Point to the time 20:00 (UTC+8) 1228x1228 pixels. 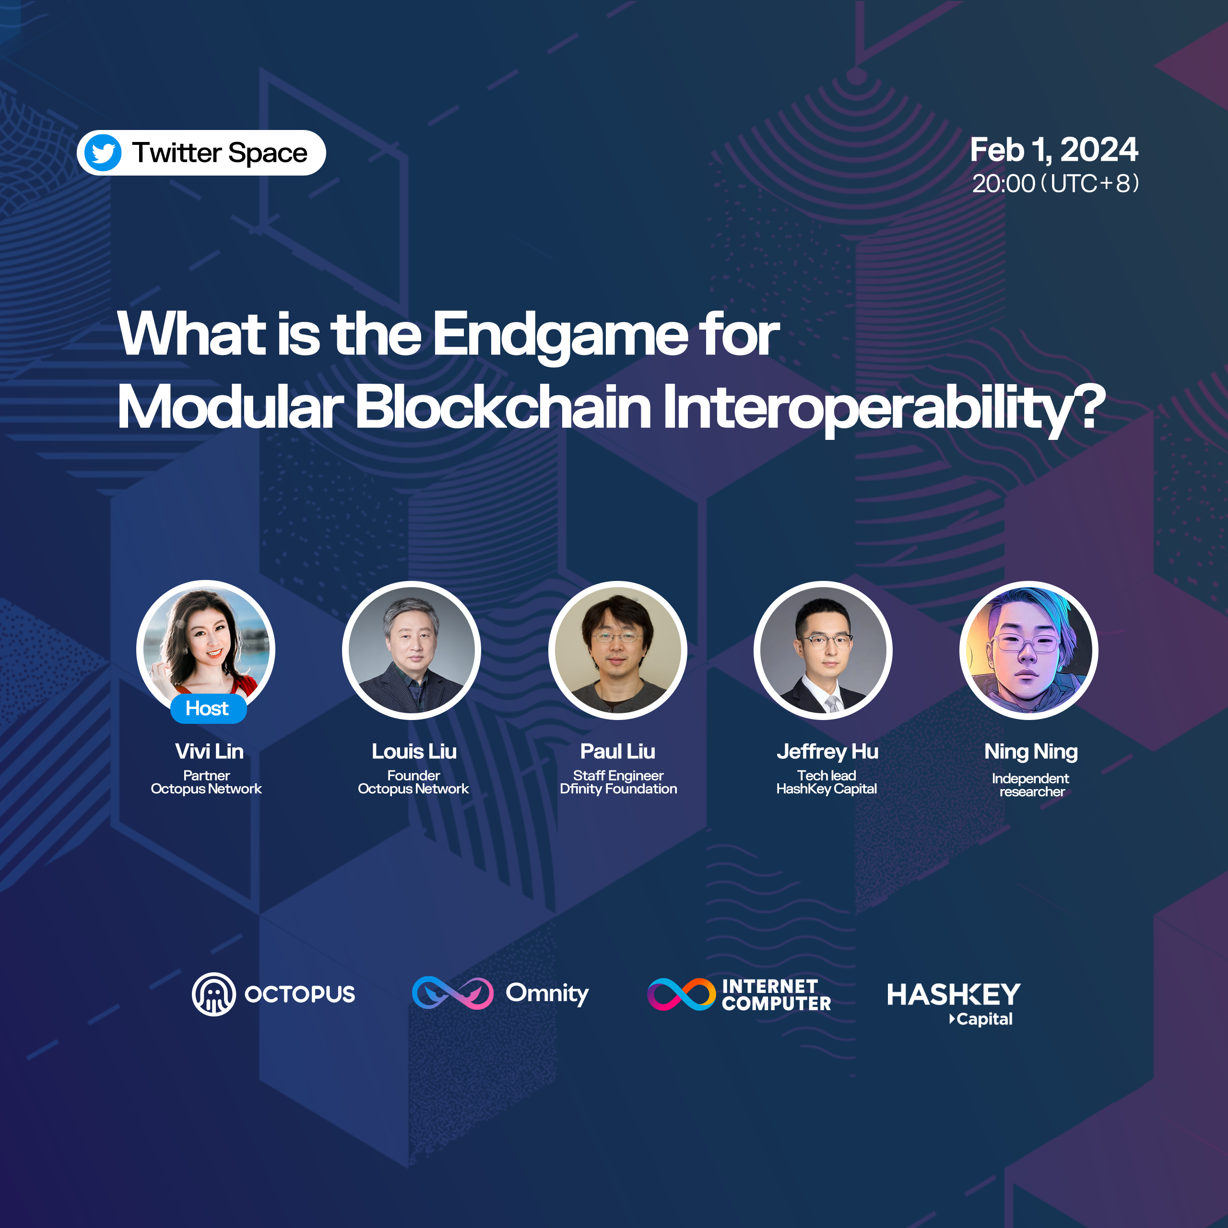click(1055, 184)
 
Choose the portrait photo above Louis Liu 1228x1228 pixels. click(411, 649)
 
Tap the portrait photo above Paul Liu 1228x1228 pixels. click(617, 649)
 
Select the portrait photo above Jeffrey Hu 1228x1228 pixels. click(823, 649)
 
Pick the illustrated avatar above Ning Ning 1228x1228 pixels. click(1029, 649)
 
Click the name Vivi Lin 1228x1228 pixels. click(209, 751)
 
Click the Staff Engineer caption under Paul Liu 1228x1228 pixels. click(618, 776)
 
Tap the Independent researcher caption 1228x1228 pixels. click(1031, 785)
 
